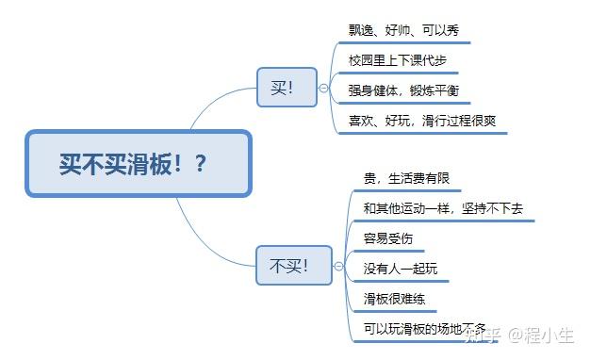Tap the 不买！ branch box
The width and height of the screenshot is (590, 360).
tap(287, 265)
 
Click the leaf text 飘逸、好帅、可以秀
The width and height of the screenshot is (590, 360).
tap(403, 29)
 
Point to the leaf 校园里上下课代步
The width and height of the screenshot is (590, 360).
tap(397, 60)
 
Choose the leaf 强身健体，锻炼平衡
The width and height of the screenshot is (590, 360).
tap(403, 90)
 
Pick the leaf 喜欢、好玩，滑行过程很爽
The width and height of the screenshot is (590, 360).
tap(420, 121)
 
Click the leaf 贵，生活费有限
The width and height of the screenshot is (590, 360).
tap(405, 178)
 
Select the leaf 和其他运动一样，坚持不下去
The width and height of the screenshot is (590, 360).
tap(442, 208)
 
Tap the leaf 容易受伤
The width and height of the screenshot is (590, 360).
tap(388, 238)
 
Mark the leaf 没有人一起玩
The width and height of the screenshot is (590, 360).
tap(400, 269)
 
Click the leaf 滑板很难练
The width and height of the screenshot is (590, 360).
tap(394, 299)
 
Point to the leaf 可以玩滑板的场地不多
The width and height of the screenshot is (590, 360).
tap(424, 329)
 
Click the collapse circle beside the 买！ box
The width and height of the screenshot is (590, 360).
tap(323, 88)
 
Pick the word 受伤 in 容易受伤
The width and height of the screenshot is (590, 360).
tap(401, 238)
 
